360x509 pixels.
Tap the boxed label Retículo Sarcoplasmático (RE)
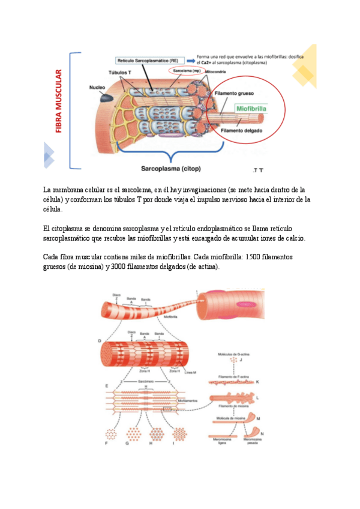(x=147, y=61)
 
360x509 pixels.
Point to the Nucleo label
(x=97, y=87)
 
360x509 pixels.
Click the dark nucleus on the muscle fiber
(x=106, y=97)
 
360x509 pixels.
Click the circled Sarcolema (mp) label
(x=185, y=70)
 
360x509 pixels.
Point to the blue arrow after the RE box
(x=191, y=61)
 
